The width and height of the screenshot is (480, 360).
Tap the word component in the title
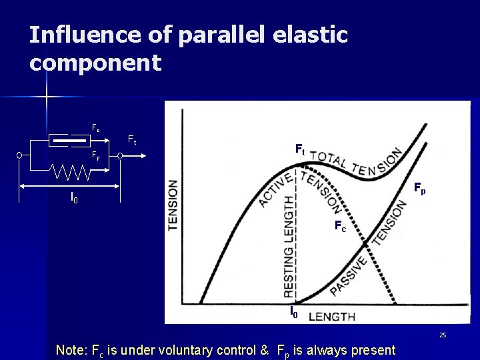[x=95, y=63]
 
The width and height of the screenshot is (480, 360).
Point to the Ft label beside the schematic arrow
[x=132, y=140]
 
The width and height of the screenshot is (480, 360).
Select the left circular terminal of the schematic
[x=21, y=156]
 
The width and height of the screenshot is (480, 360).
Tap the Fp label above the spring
[x=96, y=159]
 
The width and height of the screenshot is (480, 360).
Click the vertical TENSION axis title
[x=173, y=205]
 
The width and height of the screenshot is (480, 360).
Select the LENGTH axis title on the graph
[x=332, y=315]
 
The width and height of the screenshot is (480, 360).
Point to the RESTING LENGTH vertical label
[x=289, y=247]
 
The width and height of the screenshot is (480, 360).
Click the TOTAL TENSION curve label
[x=356, y=161]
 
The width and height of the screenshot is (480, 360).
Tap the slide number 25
[x=442, y=334]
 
